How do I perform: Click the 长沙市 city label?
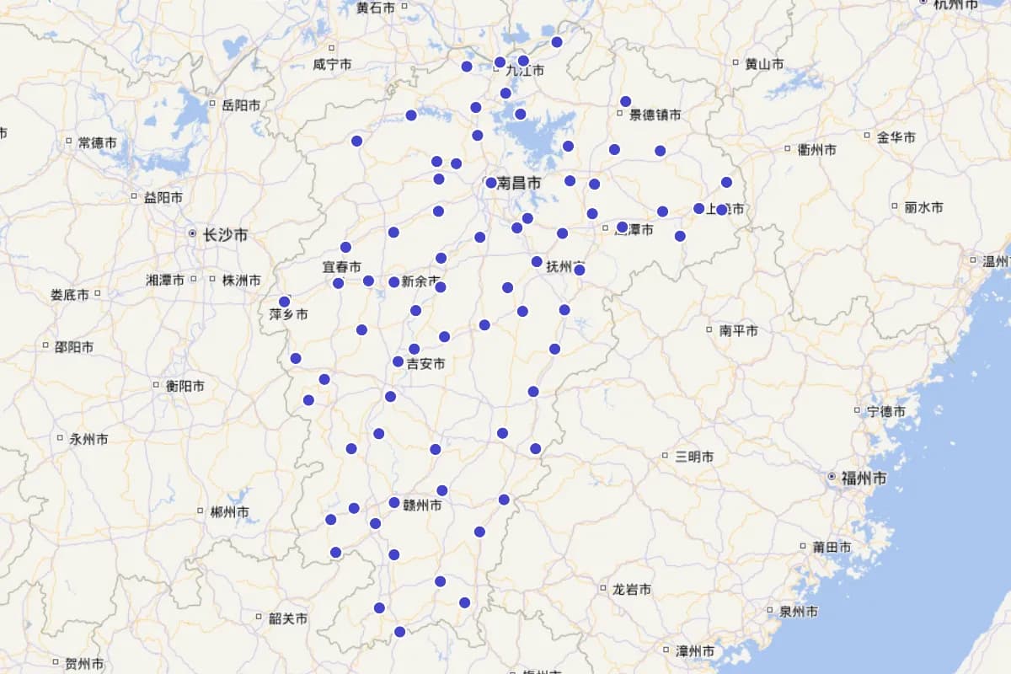(x=225, y=235)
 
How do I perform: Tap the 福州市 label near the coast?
(x=864, y=479)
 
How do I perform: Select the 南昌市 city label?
(x=519, y=183)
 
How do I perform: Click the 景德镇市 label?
(x=655, y=115)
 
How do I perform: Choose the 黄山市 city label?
(x=764, y=64)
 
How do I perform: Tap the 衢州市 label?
(x=816, y=150)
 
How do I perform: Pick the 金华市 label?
(x=896, y=137)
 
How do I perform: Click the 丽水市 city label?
(x=923, y=207)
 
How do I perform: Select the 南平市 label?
(x=739, y=331)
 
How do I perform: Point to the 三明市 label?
(x=694, y=457)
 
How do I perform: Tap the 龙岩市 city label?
(x=631, y=590)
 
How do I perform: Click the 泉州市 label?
(x=797, y=612)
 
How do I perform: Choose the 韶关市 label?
(x=288, y=619)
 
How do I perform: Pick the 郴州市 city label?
(x=229, y=512)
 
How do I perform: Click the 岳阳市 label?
(x=241, y=106)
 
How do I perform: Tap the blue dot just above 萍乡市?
(x=285, y=302)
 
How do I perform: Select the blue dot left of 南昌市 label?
(x=491, y=183)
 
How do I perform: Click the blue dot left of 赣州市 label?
(x=394, y=503)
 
